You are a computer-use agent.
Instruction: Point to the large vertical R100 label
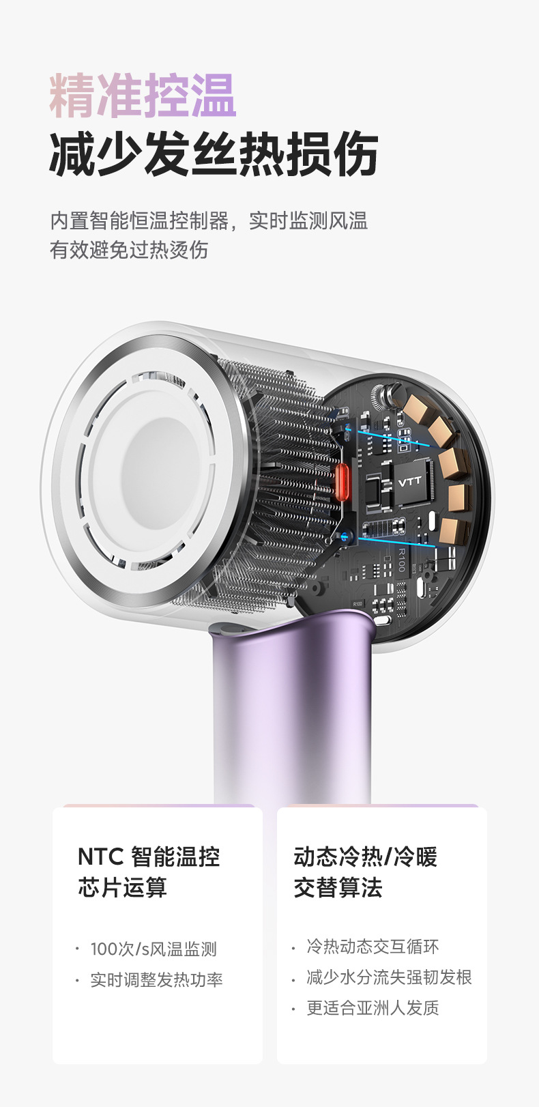point(402,560)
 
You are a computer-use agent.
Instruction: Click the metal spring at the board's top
point(386,396)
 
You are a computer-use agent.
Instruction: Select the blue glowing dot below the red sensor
point(345,535)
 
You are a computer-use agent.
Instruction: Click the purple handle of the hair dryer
point(291,706)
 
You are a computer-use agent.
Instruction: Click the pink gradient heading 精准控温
point(143,96)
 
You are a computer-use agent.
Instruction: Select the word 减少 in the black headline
point(96,154)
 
